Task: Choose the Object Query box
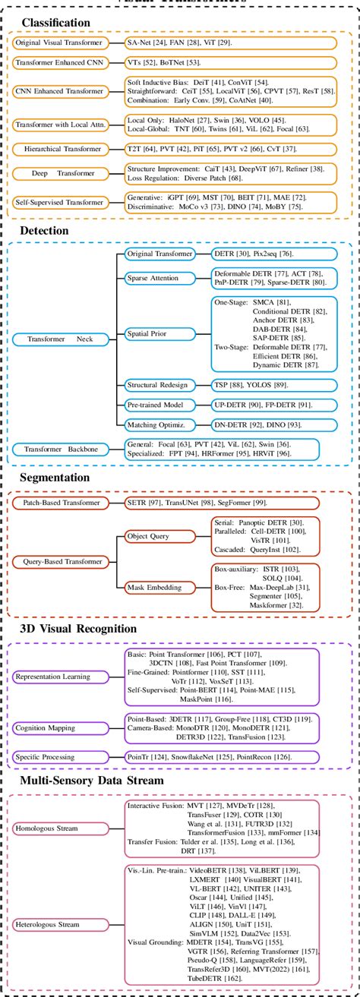152,536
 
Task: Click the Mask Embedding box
152,585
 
